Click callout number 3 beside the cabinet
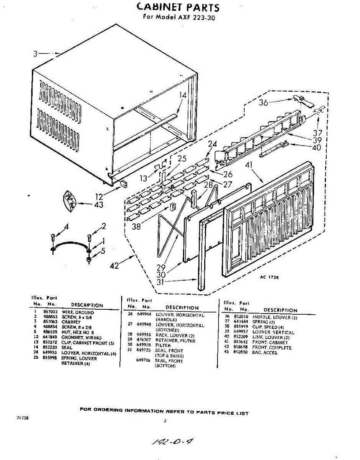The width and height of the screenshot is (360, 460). pos(35,54)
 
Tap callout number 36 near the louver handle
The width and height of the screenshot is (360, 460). pos(263,102)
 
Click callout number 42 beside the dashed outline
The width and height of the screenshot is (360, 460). pos(115,265)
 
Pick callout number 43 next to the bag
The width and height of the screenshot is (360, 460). pos(98,205)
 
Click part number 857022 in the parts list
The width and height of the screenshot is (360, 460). pos(51,312)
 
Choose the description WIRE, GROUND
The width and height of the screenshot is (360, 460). pos(77,312)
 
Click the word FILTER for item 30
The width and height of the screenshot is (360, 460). pos(163,345)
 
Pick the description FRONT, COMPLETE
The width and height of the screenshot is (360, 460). pos(272,348)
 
